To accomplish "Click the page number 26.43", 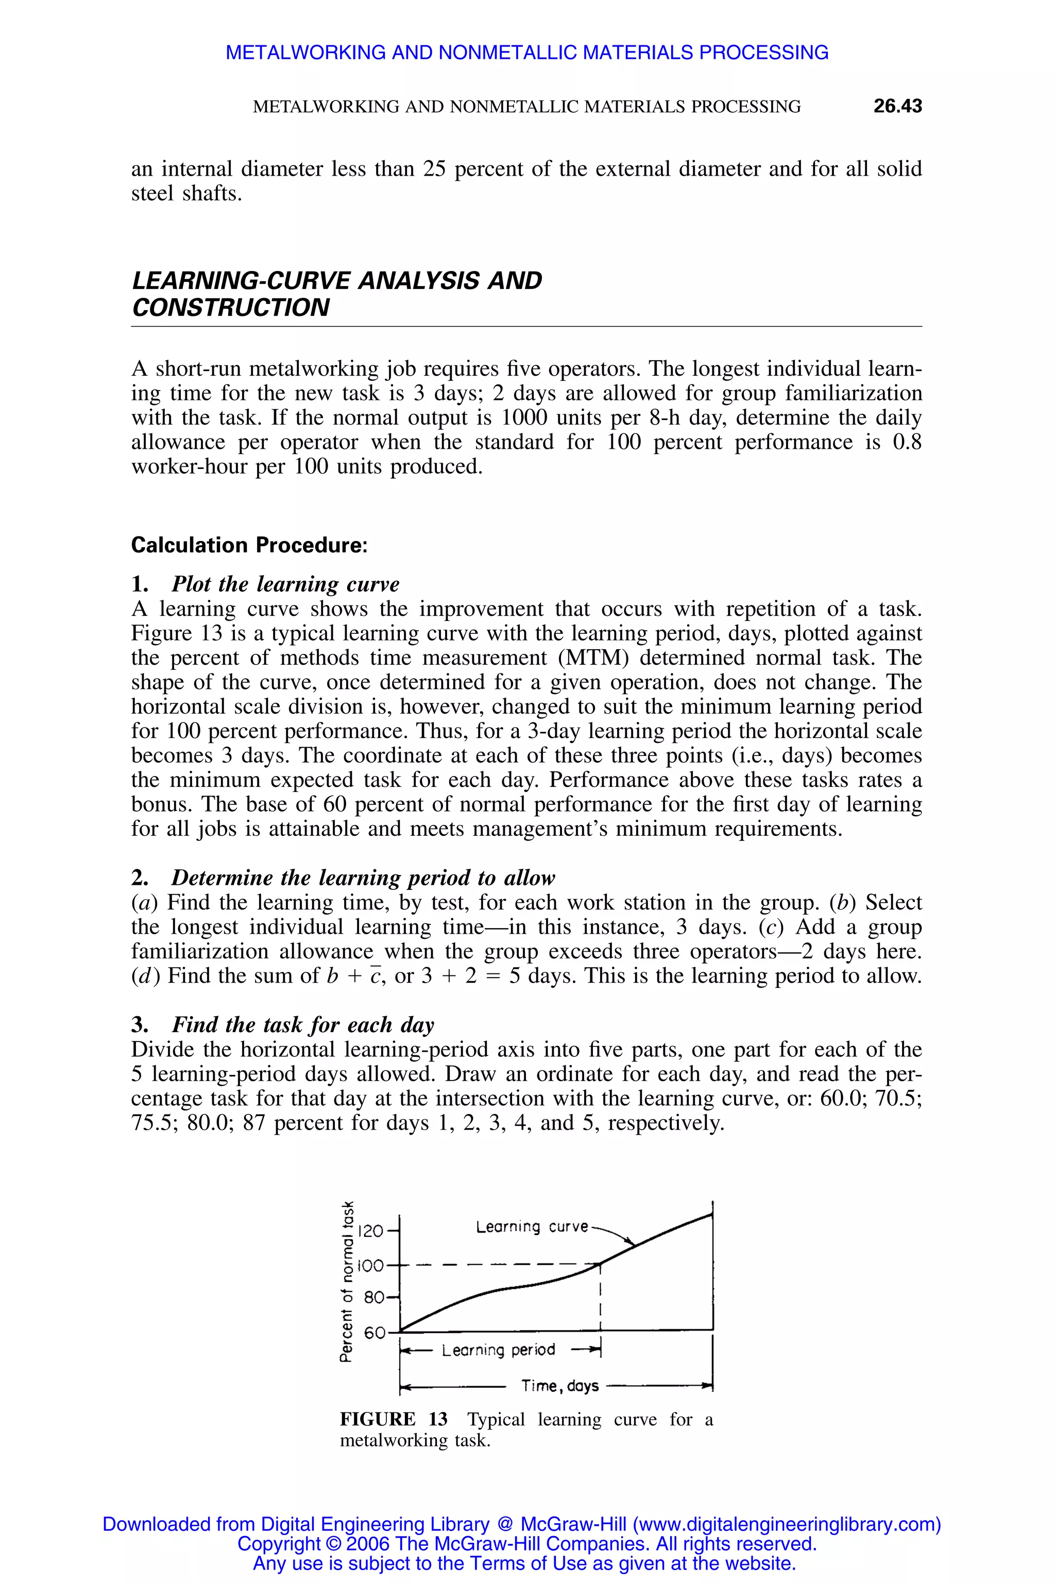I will point(897,106).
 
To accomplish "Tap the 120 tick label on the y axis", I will point(371,1232).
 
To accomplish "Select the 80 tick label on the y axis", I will point(374,1297).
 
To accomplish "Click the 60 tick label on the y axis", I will point(374,1333).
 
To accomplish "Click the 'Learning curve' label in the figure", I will point(532,1227).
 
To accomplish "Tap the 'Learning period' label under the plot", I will point(498,1350).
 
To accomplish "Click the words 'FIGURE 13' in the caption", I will point(394,1420).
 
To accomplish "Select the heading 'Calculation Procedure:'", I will point(249,545).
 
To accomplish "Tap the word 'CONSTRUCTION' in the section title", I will point(231,308).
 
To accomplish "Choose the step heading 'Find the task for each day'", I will point(303,1024).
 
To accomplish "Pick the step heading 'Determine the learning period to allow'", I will point(363,878).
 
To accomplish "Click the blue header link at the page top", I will point(527,53).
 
